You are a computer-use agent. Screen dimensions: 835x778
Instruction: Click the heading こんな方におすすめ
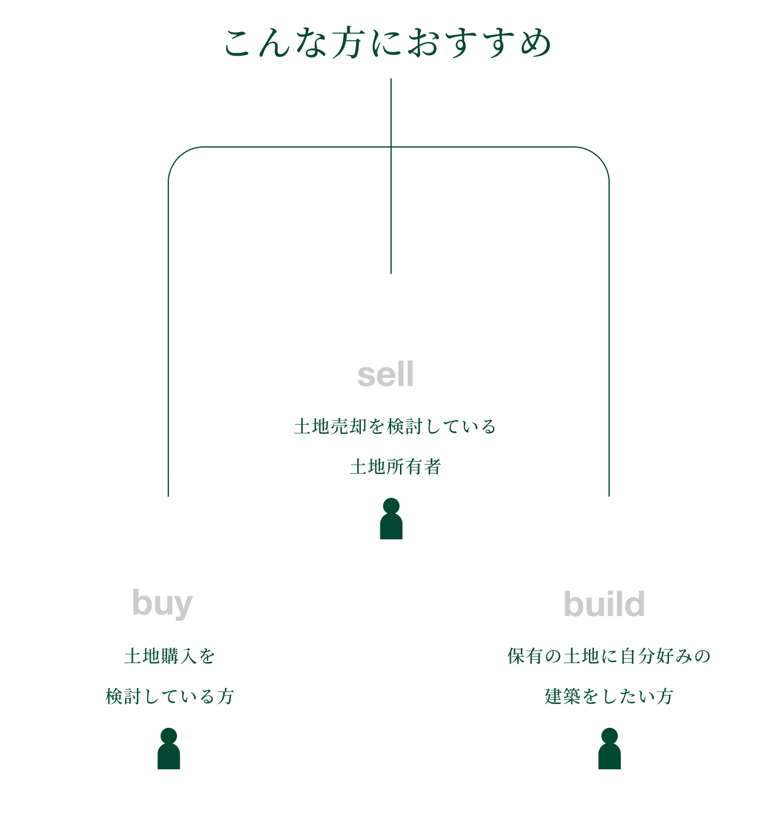tap(388, 44)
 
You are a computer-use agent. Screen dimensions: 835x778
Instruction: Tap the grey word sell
tap(386, 375)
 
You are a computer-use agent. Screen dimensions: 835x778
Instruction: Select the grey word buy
tap(162, 604)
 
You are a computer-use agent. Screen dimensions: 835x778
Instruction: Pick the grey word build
tap(604, 604)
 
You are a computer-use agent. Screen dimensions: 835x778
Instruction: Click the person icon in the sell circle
tap(391, 520)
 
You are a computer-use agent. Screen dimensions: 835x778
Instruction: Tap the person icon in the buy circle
tap(169, 749)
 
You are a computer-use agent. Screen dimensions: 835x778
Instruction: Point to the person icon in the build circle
tap(610, 749)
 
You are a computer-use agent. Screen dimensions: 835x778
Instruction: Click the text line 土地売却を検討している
tap(395, 427)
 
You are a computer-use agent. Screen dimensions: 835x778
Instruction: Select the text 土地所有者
tap(395, 467)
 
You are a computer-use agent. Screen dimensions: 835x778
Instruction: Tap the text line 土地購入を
tap(169, 656)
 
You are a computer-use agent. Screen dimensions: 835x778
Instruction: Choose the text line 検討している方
tap(169, 696)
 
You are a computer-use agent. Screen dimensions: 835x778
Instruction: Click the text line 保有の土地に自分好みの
tap(609, 656)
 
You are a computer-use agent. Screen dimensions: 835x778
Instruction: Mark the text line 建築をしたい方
tap(609, 696)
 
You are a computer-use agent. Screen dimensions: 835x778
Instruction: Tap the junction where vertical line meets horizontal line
tap(391, 147)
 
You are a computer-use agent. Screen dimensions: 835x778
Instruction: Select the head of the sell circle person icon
tap(391, 506)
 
